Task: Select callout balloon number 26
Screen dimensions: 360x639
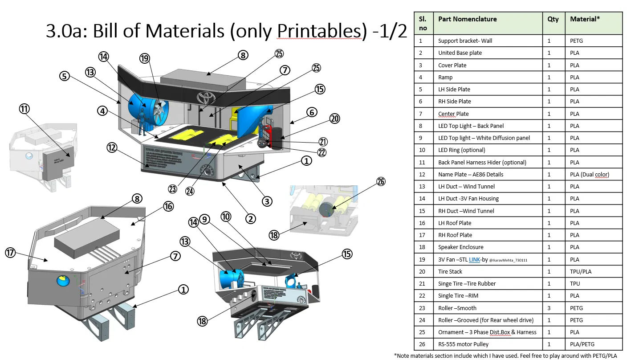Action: point(381,181)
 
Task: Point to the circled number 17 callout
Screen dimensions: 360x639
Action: point(11,253)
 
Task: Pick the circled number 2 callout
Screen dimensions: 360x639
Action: point(251,219)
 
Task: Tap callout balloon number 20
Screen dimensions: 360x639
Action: point(335,119)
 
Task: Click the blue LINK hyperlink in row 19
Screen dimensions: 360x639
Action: point(474,259)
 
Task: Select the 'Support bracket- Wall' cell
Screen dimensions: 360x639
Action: point(465,41)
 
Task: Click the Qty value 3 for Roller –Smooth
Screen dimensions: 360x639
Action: point(549,308)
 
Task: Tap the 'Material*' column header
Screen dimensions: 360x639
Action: point(585,19)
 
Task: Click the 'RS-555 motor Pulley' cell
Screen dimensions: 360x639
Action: point(463,344)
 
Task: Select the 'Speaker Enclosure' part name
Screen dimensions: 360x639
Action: point(460,247)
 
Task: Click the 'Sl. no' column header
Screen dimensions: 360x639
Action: point(423,23)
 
